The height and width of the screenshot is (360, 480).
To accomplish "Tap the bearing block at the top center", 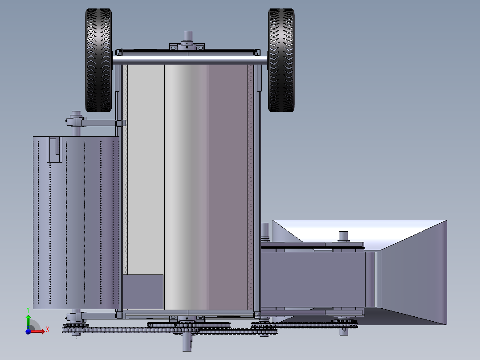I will click(x=187, y=47).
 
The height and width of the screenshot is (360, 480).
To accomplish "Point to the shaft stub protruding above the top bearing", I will click(x=187, y=36).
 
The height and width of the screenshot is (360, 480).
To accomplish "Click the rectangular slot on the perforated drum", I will click(x=54, y=149).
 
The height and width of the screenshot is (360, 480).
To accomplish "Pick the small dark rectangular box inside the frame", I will click(x=142, y=291).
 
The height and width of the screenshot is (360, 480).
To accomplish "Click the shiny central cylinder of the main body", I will click(x=187, y=187).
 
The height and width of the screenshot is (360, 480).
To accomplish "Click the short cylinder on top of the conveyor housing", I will click(x=343, y=236).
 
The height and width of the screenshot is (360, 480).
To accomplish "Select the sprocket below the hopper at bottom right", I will click(x=343, y=322).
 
